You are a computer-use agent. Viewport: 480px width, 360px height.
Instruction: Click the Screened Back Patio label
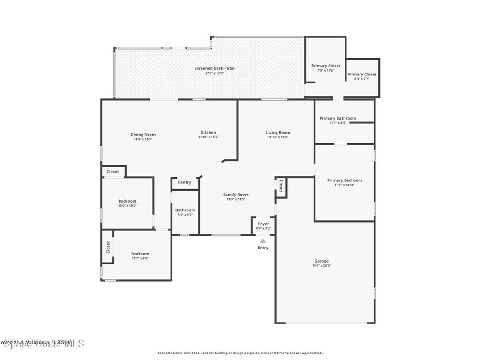click(215, 68)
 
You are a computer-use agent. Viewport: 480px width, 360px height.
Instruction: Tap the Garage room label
click(321, 261)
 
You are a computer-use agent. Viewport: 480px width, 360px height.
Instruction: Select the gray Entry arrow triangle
click(263, 240)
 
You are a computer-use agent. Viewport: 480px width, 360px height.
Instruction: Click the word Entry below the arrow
click(263, 247)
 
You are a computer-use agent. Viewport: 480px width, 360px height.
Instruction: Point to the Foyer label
click(263, 224)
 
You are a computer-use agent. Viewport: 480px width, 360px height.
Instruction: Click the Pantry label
click(185, 182)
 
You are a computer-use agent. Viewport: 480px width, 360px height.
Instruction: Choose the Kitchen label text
click(209, 133)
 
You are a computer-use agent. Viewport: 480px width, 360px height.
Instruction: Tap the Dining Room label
click(143, 135)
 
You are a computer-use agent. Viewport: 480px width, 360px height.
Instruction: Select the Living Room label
click(278, 133)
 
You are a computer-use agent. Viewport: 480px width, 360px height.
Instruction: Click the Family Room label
click(236, 195)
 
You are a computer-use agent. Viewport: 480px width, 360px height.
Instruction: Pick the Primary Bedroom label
click(345, 180)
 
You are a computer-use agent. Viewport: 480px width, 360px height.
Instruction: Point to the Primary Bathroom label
click(337, 118)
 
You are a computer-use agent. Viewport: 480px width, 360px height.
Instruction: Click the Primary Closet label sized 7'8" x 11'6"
click(326, 66)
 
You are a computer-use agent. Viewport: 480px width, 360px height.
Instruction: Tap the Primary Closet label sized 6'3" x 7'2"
click(362, 75)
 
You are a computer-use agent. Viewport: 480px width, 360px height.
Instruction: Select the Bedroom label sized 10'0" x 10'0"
click(127, 201)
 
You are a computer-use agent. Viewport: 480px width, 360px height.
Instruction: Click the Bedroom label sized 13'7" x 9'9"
click(140, 254)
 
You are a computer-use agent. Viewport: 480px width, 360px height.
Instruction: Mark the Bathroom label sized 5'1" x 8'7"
click(185, 210)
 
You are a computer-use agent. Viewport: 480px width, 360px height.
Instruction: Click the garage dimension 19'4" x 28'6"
click(321, 266)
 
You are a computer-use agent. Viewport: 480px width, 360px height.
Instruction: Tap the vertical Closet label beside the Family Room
click(281, 186)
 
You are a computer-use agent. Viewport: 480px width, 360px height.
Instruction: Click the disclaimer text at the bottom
click(240, 353)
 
